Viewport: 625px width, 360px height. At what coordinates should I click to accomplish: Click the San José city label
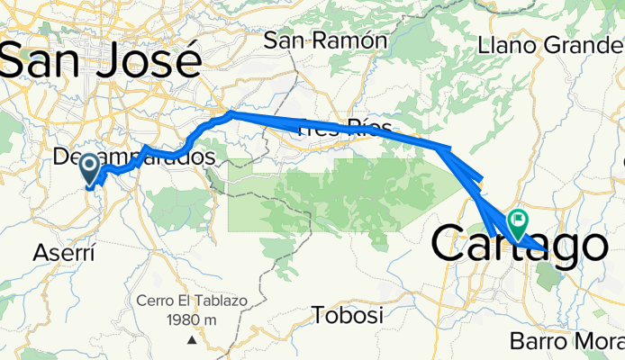[101, 60]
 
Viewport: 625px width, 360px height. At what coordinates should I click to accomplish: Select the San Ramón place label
[325, 40]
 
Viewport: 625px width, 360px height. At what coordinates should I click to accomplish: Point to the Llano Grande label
[549, 44]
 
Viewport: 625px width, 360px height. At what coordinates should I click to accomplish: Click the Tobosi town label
[347, 316]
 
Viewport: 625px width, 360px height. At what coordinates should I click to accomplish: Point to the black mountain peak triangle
[192, 340]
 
